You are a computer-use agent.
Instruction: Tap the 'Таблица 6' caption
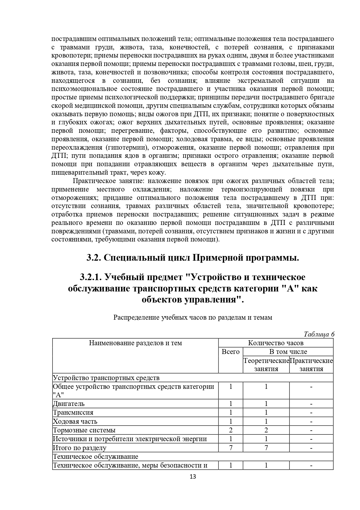click(x=319, y=334)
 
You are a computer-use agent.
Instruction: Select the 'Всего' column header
click(x=231, y=352)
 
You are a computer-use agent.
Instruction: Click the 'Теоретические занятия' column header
click(x=266, y=365)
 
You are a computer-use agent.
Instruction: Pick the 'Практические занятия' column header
click(x=311, y=365)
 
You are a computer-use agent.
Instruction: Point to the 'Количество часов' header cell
click(x=276, y=343)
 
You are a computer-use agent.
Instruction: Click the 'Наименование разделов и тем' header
click(x=135, y=343)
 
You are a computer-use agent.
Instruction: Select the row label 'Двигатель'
click(x=69, y=404)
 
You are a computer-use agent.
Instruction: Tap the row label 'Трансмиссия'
click(x=73, y=412)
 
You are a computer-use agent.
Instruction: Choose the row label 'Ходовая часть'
click(x=75, y=421)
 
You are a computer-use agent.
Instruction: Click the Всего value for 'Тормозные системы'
click(x=231, y=430)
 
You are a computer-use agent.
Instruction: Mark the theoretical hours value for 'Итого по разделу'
click(x=266, y=448)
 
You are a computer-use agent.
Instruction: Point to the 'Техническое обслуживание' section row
click(x=96, y=457)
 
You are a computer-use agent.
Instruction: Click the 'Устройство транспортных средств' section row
click(x=106, y=378)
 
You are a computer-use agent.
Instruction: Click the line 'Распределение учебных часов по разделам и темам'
click(x=192, y=317)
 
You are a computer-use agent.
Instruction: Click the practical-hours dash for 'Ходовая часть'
click(x=311, y=421)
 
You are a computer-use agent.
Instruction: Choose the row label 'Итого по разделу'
click(x=80, y=448)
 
